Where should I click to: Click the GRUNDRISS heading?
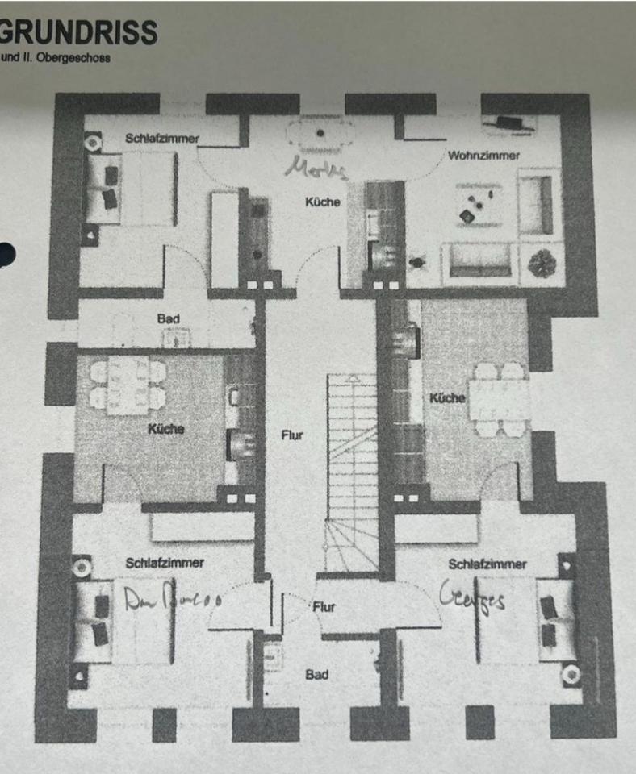click(x=77, y=33)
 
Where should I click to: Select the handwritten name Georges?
click(x=473, y=599)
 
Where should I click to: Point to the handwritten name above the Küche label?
click(x=318, y=169)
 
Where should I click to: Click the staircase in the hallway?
click(x=352, y=472)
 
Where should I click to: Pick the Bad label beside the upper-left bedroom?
click(x=169, y=319)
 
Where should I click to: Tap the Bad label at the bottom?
click(x=316, y=674)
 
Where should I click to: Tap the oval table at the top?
click(x=320, y=133)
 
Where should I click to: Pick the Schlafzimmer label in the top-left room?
click(x=162, y=139)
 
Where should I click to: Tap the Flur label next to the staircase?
click(x=291, y=435)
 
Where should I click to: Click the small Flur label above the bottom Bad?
click(x=323, y=607)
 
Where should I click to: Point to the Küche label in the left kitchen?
click(x=165, y=429)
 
